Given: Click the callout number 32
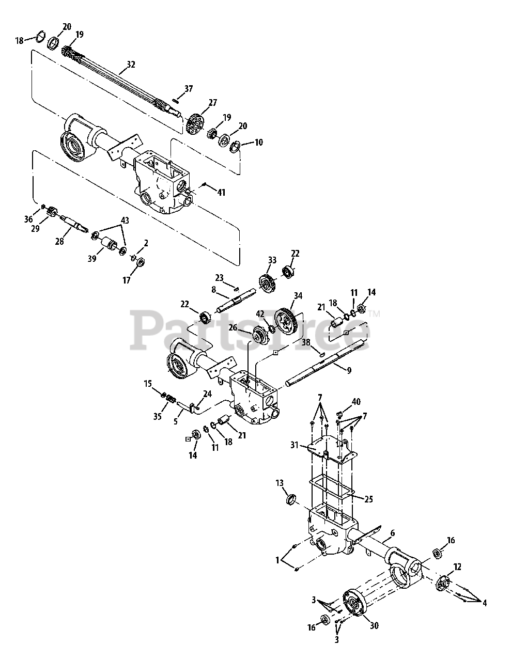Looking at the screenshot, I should click(x=131, y=65).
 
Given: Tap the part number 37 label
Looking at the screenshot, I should click(x=188, y=89).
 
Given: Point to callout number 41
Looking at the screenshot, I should click(x=221, y=192).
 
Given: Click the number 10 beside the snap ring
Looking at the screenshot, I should click(x=258, y=142).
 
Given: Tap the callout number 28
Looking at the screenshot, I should click(x=60, y=241).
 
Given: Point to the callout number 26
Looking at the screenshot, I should click(x=233, y=327).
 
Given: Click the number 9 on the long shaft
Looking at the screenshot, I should click(x=349, y=370).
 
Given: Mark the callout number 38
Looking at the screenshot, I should click(x=306, y=342).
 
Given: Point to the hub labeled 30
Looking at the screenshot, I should click(x=356, y=607).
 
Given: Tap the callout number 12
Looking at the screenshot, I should click(x=457, y=566).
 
